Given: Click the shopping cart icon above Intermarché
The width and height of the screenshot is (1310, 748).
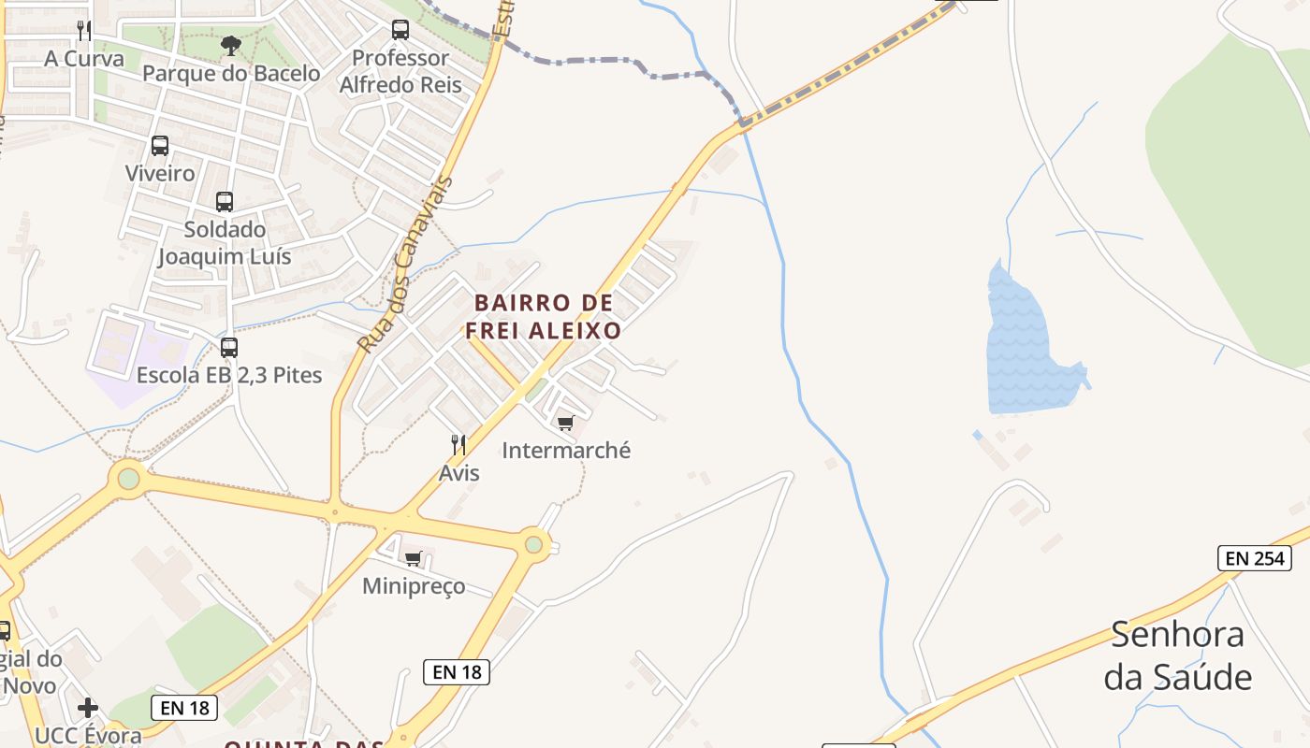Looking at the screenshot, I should (x=565, y=423).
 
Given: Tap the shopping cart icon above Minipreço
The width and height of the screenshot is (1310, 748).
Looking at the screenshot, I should (x=413, y=558).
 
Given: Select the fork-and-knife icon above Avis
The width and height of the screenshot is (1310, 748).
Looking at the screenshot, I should (x=458, y=444).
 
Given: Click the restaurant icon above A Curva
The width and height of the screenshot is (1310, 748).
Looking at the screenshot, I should (x=84, y=30).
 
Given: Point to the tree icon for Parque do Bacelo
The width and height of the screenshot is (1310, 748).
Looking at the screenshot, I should (x=230, y=45).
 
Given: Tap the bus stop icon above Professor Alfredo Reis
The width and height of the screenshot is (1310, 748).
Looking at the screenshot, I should (x=400, y=30).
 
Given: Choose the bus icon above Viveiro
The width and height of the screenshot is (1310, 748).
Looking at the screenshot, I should (x=160, y=146).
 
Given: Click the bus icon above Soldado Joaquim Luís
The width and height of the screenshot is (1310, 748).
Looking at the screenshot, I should (x=225, y=201).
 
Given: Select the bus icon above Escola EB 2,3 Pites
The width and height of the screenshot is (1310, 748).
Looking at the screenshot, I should (x=229, y=348).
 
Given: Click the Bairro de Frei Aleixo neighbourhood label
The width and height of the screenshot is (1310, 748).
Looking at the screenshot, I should (x=544, y=316).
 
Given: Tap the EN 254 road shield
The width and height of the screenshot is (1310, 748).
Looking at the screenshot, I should (x=1255, y=558).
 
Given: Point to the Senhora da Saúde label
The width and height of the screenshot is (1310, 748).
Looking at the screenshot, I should (x=1177, y=654).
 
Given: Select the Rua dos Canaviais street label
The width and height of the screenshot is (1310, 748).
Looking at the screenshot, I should (x=404, y=266).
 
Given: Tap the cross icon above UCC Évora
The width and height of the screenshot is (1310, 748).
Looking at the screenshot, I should (x=88, y=708).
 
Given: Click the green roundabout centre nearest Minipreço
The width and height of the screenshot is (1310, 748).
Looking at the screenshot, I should (x=533, y=543).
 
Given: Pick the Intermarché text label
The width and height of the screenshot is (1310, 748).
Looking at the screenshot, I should (x=566, y=450).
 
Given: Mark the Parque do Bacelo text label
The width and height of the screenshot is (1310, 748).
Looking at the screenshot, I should (x=231, y=73).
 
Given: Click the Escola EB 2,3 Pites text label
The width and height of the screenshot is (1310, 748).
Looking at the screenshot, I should (x=229, y=375).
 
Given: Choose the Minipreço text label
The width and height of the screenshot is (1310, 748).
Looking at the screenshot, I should (x=414, y=586).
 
